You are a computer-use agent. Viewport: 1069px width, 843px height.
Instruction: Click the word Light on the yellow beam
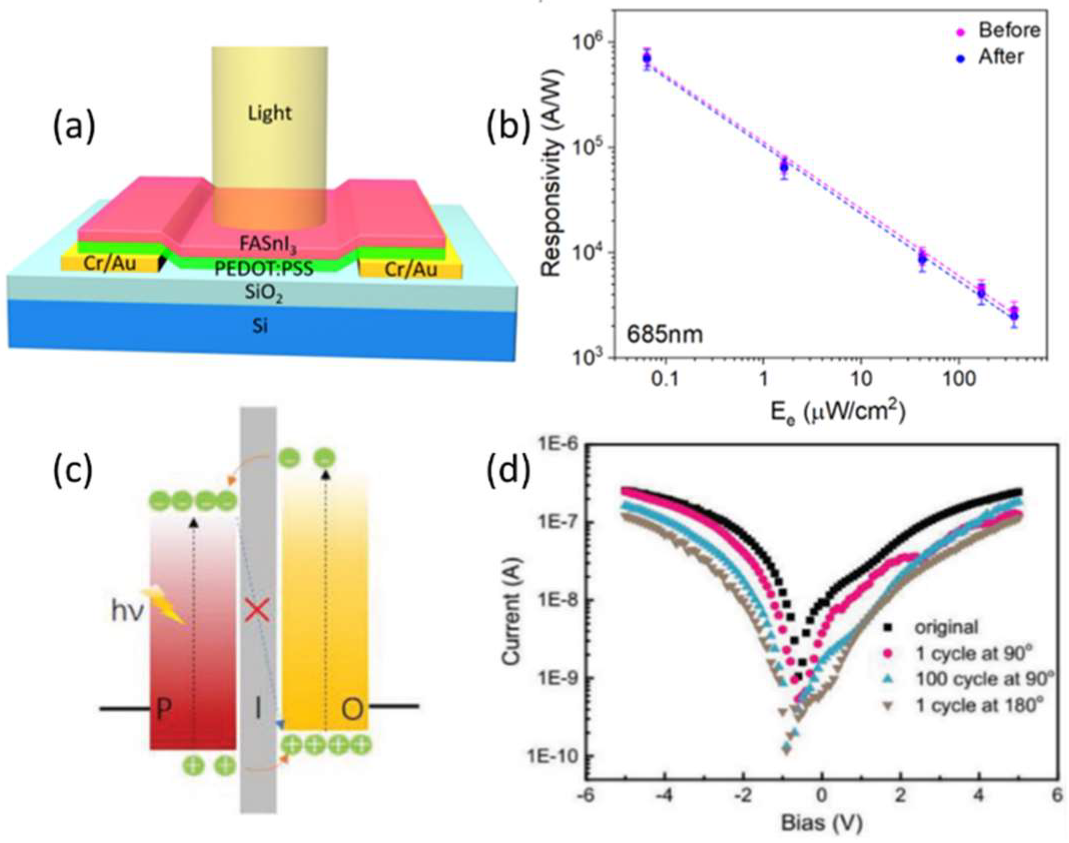(269, 113)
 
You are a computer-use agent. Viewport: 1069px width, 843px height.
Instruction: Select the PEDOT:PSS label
(264, 269)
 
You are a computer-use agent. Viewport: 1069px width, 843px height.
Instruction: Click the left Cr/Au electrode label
(110, 263)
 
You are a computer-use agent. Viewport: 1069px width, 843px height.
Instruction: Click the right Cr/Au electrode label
(411, 269)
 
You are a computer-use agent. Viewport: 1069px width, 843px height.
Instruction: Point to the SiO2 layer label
(264, 294)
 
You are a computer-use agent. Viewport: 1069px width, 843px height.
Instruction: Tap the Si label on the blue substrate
(260, 326)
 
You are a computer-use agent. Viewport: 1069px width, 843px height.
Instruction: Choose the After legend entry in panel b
(1001, 57)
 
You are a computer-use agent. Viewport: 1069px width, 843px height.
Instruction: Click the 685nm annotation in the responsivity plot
(665, 334)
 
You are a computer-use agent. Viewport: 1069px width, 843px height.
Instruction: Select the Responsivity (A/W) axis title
(552, 173)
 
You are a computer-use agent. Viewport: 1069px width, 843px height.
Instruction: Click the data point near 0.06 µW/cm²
(647, 59)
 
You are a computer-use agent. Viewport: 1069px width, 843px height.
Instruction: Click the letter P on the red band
(164, 710)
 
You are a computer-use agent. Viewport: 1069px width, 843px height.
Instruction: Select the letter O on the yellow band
(352, 709)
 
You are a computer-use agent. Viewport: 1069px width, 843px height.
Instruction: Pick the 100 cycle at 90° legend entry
(983, 679)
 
